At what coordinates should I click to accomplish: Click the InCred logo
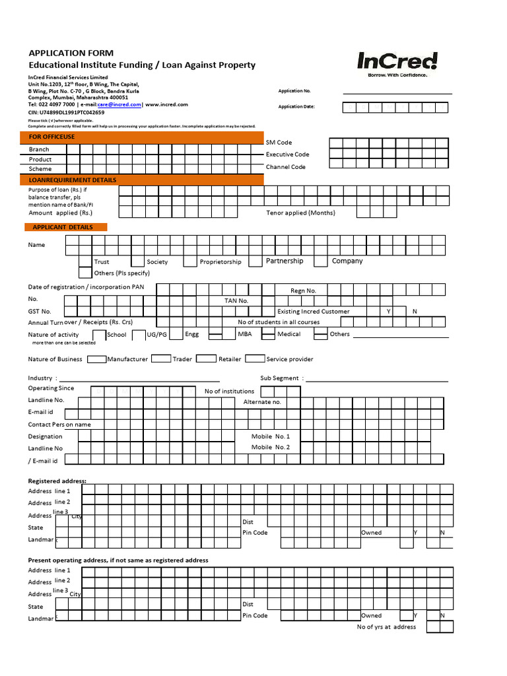click(x=397, y=63)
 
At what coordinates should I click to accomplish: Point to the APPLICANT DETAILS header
click(x=66, y=227)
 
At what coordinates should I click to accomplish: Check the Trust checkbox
click(x=85, y=261)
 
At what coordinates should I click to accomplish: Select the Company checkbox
click(x=321, y=261)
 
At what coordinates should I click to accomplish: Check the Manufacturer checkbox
click(x=97, y=359)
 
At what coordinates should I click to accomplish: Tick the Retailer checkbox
click(x=207, y=359)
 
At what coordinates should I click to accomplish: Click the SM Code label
click(x=279, y=143)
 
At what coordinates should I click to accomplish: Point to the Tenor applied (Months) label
click(x=300, y=213)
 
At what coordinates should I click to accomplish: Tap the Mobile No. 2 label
click(x=271, y=448)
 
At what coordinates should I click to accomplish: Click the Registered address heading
click(x=57, y=481)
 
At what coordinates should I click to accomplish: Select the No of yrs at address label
click(x=386, y=627)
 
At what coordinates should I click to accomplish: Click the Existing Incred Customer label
click(x=314, y=312)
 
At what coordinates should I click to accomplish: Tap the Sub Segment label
click(x=282, y=378)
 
